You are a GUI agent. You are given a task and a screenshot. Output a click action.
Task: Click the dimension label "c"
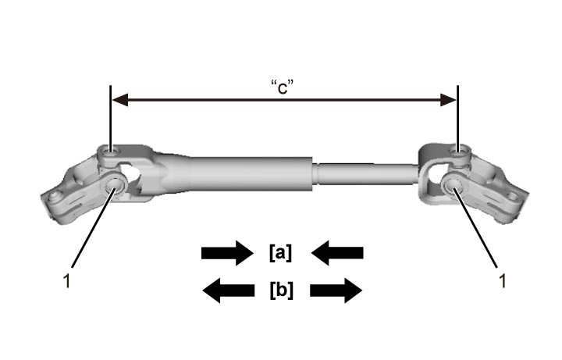[282, 87]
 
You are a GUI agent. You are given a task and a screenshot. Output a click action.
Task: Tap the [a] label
[281, 253]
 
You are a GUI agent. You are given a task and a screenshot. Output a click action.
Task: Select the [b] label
[281, 290]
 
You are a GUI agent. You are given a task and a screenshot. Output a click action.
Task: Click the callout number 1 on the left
[66, 281]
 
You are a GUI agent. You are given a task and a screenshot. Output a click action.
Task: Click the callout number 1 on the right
[503, 281]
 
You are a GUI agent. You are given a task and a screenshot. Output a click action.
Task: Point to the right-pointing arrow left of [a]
[228, 253]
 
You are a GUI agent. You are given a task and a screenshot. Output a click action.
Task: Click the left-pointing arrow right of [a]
[337, 253]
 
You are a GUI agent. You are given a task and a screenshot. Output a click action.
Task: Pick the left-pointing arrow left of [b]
[229, 290]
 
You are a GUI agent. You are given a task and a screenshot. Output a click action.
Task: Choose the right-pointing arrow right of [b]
[336, 290]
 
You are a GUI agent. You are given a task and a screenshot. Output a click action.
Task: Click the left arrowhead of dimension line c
[119, 100]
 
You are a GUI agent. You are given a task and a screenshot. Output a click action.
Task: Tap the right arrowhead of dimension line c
[448, 100]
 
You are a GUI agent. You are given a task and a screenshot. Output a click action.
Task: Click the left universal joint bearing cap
[114, 184]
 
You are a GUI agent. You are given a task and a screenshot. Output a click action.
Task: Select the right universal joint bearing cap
[453, 184]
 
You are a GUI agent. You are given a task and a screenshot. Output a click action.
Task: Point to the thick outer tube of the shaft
[247, 173]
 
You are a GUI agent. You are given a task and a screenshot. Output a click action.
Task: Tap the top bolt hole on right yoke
[460, 151]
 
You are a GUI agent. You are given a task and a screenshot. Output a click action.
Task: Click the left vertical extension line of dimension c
[110, 119]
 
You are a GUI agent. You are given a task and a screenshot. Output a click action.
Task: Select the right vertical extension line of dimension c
[457, 119]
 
